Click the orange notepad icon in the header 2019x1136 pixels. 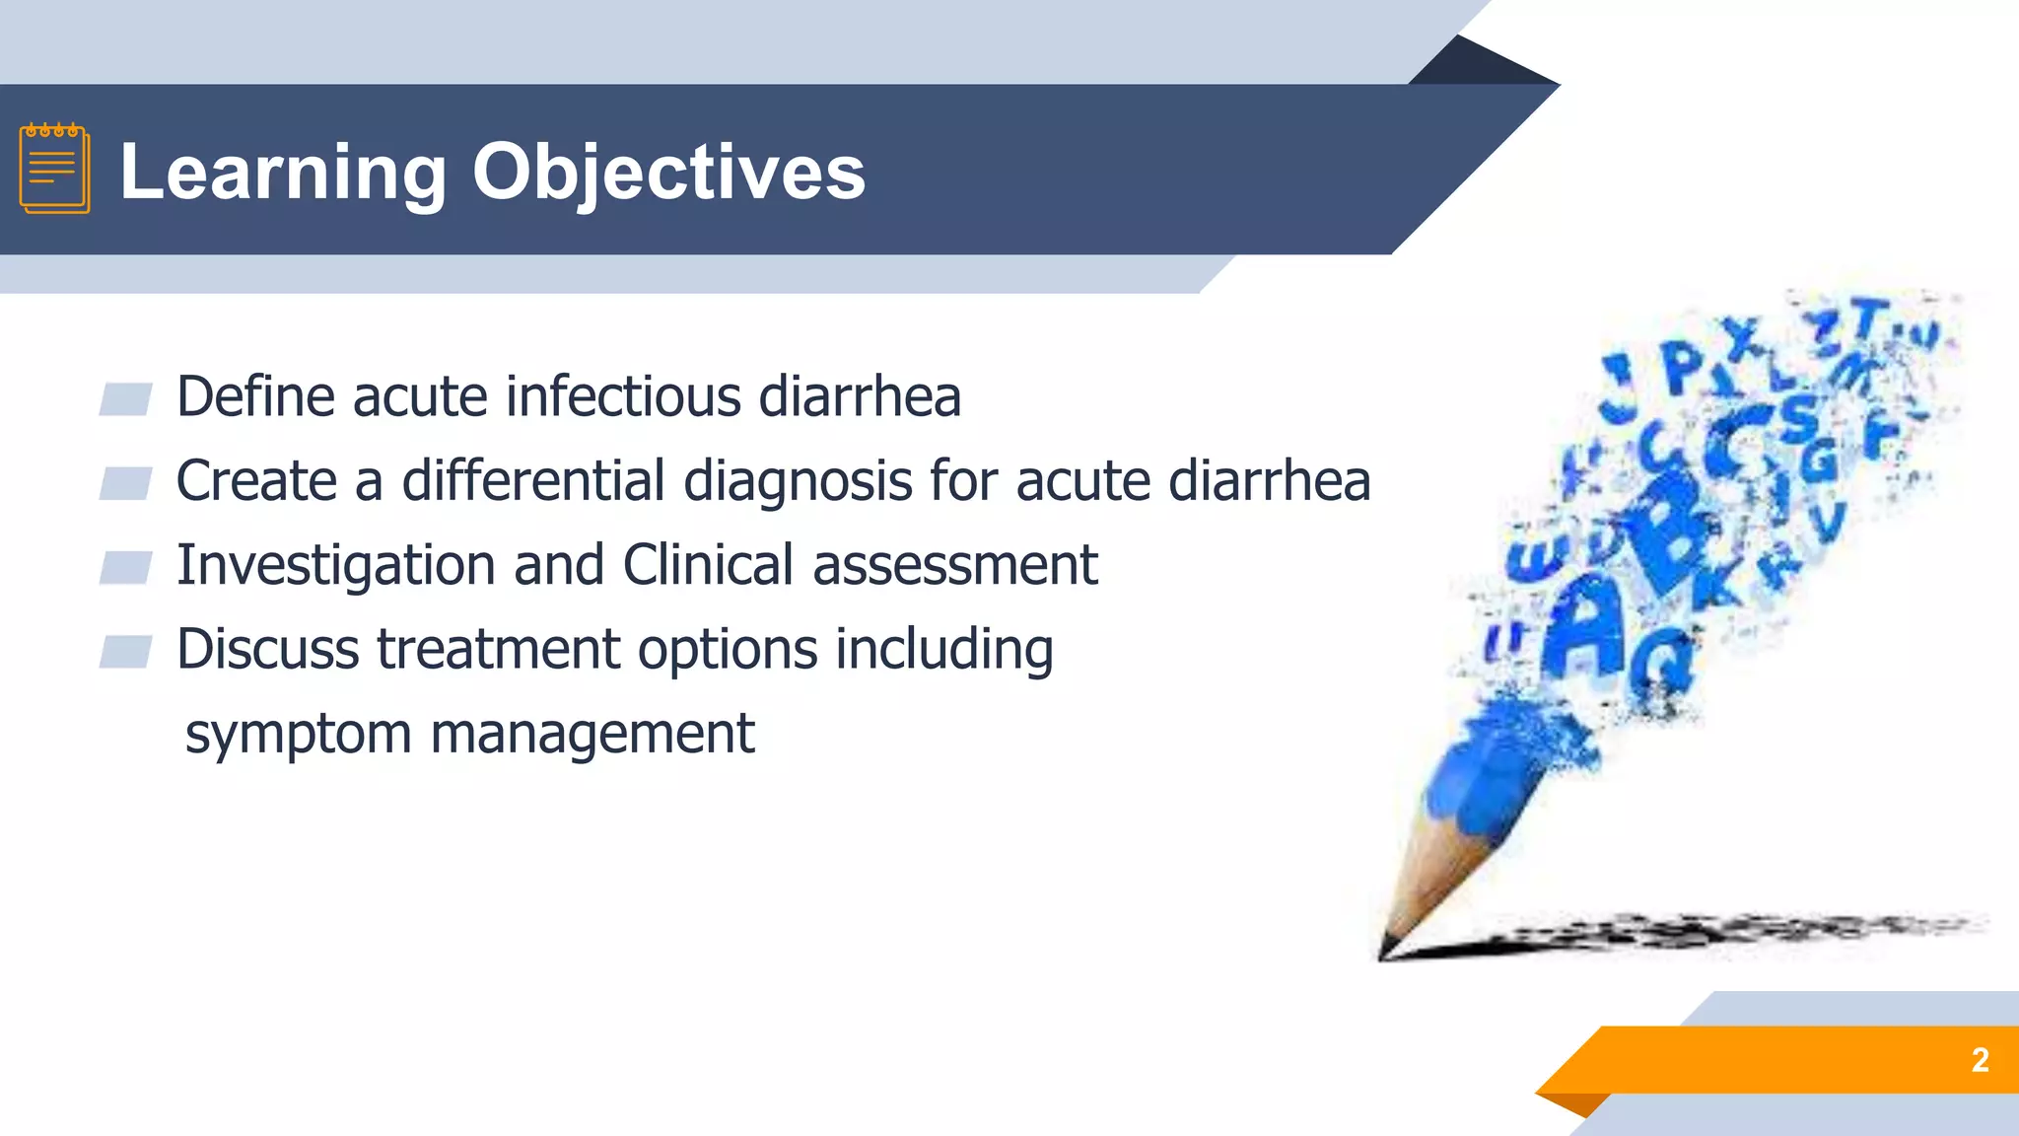[54, 169]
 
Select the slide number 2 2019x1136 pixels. [1980, 1060]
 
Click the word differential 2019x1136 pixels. [533, 481]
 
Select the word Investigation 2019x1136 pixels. [335, 566]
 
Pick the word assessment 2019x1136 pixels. [954, 566]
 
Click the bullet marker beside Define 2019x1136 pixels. [125, 399]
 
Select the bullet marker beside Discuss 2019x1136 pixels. [125, 652]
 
